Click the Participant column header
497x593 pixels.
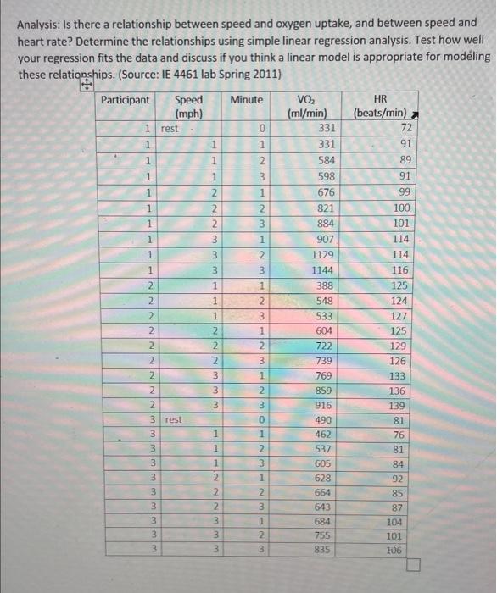(125, 100)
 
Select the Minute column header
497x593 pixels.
(246, 100)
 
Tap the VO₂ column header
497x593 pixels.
(307, 106)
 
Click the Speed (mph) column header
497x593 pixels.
(187, 106)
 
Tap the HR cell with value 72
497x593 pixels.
(402, 127)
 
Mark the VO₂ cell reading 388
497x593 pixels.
(324, 285)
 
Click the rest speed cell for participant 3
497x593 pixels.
(173, 419)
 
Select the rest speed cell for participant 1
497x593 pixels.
(170, 128)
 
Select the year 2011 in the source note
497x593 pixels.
(265, 74)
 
